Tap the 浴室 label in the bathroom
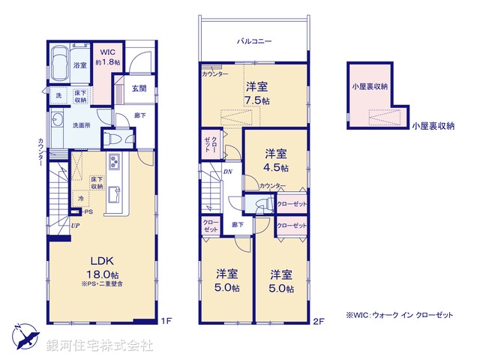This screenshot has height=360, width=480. pos(79,66)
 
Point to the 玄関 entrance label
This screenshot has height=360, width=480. pos(139,88)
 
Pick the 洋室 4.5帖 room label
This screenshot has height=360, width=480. pos(275,160)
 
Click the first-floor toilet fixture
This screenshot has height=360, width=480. pos(109,139)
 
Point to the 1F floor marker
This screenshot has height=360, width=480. pos(166,321)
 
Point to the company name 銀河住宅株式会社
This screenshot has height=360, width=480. pos(100,345)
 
